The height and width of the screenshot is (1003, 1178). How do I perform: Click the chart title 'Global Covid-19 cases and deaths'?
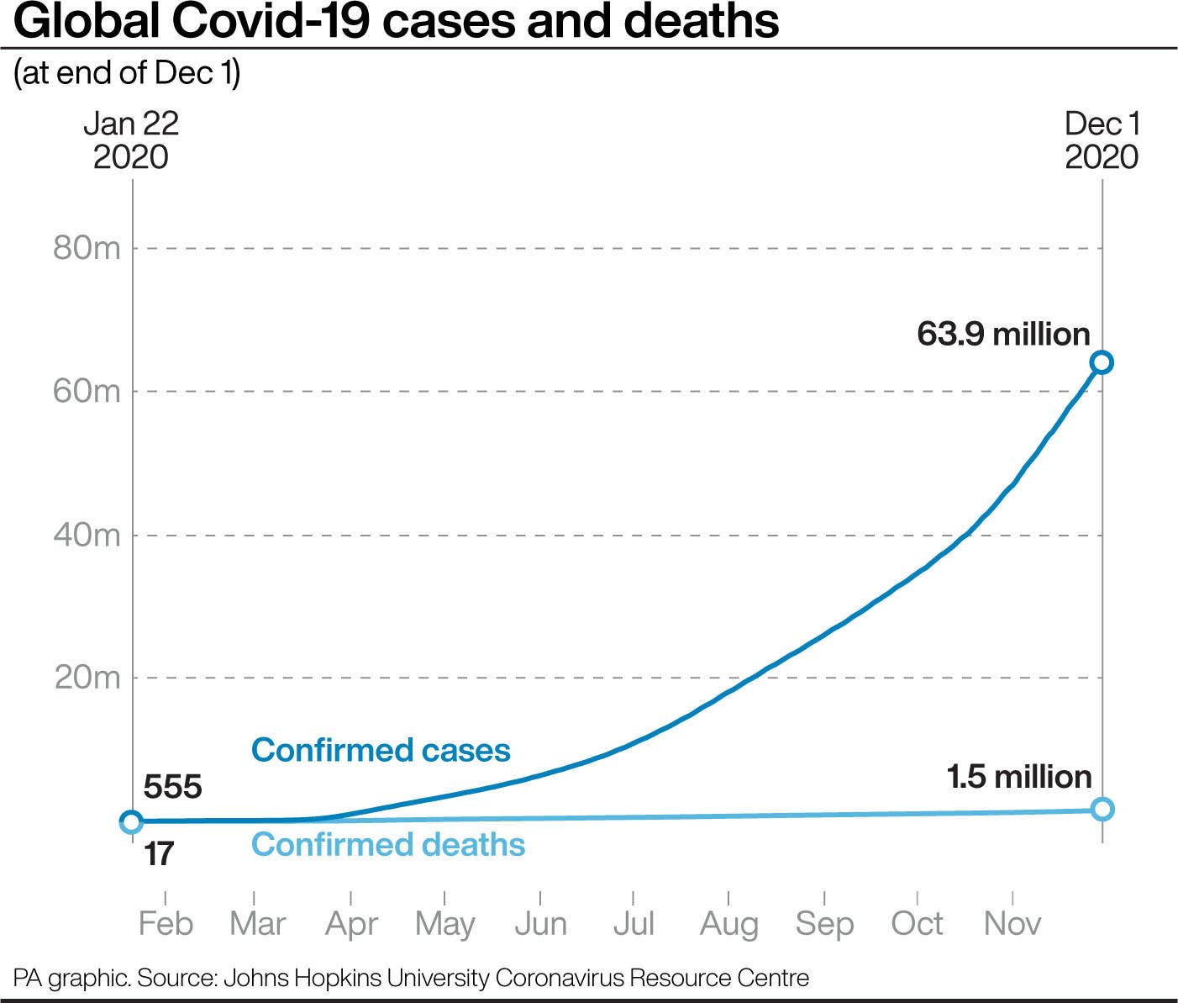tap(396, 22)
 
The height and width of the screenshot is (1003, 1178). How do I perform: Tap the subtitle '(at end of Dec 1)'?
tap(127, 73)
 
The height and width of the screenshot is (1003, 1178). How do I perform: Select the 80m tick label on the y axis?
tap(87, 249)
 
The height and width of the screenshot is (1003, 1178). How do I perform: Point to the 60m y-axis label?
tap(87, 392)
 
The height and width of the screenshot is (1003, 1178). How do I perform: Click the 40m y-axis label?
tap(87, 535)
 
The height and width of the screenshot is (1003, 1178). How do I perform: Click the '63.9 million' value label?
tap(1003, 335)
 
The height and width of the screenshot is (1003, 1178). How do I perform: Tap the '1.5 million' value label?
tap(1019, 777)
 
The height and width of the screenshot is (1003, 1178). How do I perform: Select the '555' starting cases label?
tap(173, 787)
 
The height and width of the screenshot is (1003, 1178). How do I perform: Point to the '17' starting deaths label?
tap(159, 854)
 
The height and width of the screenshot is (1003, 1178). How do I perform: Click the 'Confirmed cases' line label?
tap(381, 750)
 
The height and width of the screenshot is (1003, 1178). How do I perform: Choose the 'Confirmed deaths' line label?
tap(388, 844)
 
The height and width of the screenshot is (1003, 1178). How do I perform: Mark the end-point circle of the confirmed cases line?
tap(1102, 362)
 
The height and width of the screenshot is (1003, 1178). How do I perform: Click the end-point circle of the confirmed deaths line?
tap(1102, 809)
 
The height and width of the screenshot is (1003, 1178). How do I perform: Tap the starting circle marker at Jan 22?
tap(131, 821)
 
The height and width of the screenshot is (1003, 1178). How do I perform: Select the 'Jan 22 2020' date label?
tap(131, 140)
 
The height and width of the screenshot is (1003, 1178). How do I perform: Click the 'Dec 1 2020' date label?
tap(1102, 140)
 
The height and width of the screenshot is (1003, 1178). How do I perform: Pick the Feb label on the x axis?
tap(166, 924)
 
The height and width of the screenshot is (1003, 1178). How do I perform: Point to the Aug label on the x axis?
tap(728, 924)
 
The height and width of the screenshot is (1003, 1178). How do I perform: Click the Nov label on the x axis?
tap(1012, 924)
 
